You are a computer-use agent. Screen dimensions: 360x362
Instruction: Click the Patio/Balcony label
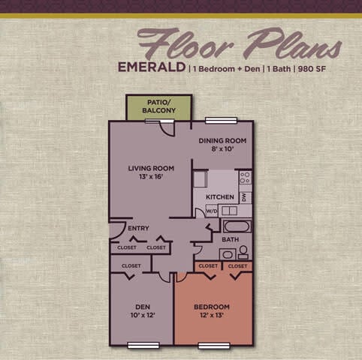coord(158,106)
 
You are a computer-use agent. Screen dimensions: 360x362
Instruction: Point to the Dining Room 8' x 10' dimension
coord(222,149)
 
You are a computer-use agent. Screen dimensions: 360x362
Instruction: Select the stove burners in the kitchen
coord(245,178)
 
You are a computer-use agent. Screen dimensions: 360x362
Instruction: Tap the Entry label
coord(138,229)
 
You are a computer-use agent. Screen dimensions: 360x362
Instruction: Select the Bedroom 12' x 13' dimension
coord(212,316)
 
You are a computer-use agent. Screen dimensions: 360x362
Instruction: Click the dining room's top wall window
coord(217,121)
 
